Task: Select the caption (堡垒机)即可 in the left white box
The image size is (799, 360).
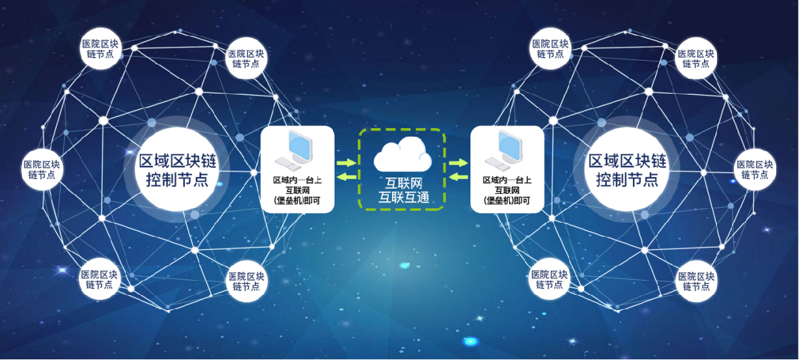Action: [297, 201]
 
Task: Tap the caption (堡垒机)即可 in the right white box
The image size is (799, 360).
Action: [507, 201]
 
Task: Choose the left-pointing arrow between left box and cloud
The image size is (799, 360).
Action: [346, 176]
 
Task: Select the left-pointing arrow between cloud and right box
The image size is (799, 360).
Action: [459, 176]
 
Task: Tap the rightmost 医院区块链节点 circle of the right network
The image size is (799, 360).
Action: [755, 169]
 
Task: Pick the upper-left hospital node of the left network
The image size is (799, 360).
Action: [100, 48]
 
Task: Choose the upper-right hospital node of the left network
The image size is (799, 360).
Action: [246, 58]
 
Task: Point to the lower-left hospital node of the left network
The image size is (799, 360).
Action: [100, 279]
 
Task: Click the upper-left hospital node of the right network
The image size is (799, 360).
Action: [550, 48]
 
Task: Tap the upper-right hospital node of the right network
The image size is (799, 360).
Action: [696, 58]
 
